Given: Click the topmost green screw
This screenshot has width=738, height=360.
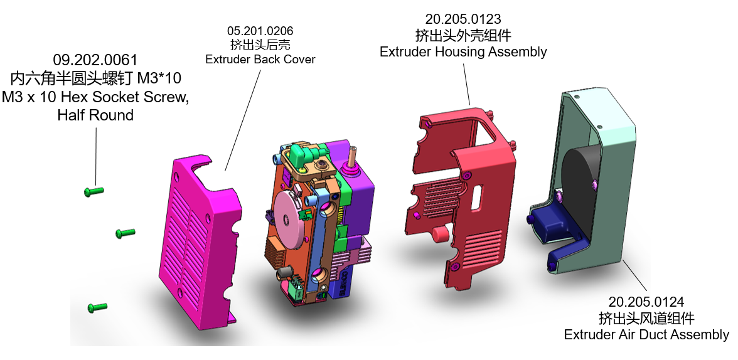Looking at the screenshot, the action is coord(94,191).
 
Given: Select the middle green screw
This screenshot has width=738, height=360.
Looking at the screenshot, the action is coord(126,233).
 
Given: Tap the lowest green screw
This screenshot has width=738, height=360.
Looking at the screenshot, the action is coord(97,308).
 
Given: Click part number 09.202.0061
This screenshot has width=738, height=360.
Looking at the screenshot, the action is coord(95,60).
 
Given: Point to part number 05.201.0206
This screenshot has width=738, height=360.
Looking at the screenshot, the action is coord(260,31).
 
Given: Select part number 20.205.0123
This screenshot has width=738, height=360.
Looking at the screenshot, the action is coord(463,19).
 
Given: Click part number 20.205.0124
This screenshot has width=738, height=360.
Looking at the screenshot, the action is coord(646,302).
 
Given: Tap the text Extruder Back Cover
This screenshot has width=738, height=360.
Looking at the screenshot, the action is coord(260,60).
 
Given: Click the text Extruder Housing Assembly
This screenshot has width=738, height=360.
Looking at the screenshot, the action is coord(463,51).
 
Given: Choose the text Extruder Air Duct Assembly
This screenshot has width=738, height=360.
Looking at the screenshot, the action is coord(646,334).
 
